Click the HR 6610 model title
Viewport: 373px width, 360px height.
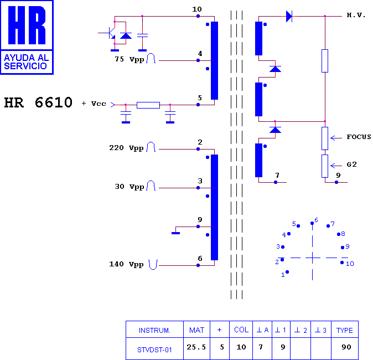coord(38,102)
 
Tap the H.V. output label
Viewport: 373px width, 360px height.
coord(356,16)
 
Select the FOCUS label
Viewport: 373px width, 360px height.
coord(359,137)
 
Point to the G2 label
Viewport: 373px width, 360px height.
coord(351,164)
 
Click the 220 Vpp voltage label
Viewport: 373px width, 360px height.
coord(126,148)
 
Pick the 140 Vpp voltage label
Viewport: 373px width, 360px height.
coord(126,264)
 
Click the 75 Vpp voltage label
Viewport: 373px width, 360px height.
coord(129,59)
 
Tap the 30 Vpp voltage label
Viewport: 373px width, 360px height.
coord(129,187)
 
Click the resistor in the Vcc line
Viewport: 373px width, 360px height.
coord(148,105)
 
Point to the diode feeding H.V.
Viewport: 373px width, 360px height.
coord(289,16)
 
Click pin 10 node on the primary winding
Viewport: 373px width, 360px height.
coord(198,16)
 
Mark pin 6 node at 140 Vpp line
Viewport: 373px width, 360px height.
coord(198,265)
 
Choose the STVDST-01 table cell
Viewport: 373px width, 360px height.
coord(154,350)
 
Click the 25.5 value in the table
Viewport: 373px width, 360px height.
coord(196,347)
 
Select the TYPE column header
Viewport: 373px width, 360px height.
coord(344,331)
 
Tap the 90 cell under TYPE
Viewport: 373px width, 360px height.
coord(346,347)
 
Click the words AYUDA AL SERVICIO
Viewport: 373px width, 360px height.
coord(27,61)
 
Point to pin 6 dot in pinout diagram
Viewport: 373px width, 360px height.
coord(312,223)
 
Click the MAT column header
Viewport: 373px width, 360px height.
coord(196,330)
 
